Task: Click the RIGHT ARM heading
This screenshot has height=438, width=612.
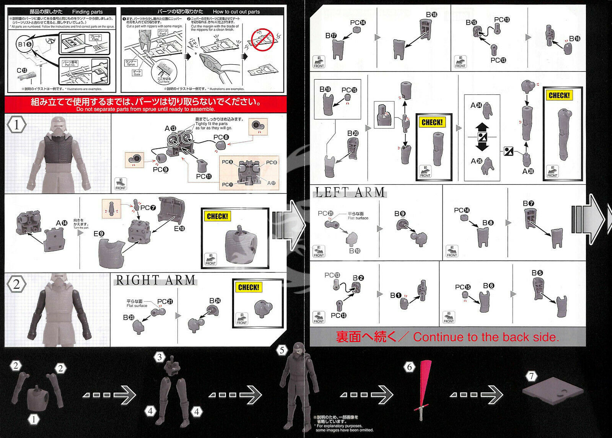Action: coord(155,280)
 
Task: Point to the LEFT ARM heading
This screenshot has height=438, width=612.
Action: coord(350,192)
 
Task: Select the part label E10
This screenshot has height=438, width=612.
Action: coord(179,229)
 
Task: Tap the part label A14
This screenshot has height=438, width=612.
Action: coord(61,223)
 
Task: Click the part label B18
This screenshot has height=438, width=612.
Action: coord(431,15)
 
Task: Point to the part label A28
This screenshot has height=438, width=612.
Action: coord(528,171)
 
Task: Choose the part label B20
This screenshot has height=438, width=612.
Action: coord(353,133)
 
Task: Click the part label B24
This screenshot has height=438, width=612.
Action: coord(215,301)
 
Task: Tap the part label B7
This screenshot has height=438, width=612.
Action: coord(529,203)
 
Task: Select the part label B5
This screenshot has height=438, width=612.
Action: coord(537,273)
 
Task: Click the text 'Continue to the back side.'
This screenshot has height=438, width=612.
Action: coord(486,337)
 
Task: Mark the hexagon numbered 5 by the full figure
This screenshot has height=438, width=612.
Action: coord(282,350)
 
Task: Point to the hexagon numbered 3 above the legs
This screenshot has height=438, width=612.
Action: coord(160,357)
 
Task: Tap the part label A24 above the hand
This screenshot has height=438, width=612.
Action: coord(476,105)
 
